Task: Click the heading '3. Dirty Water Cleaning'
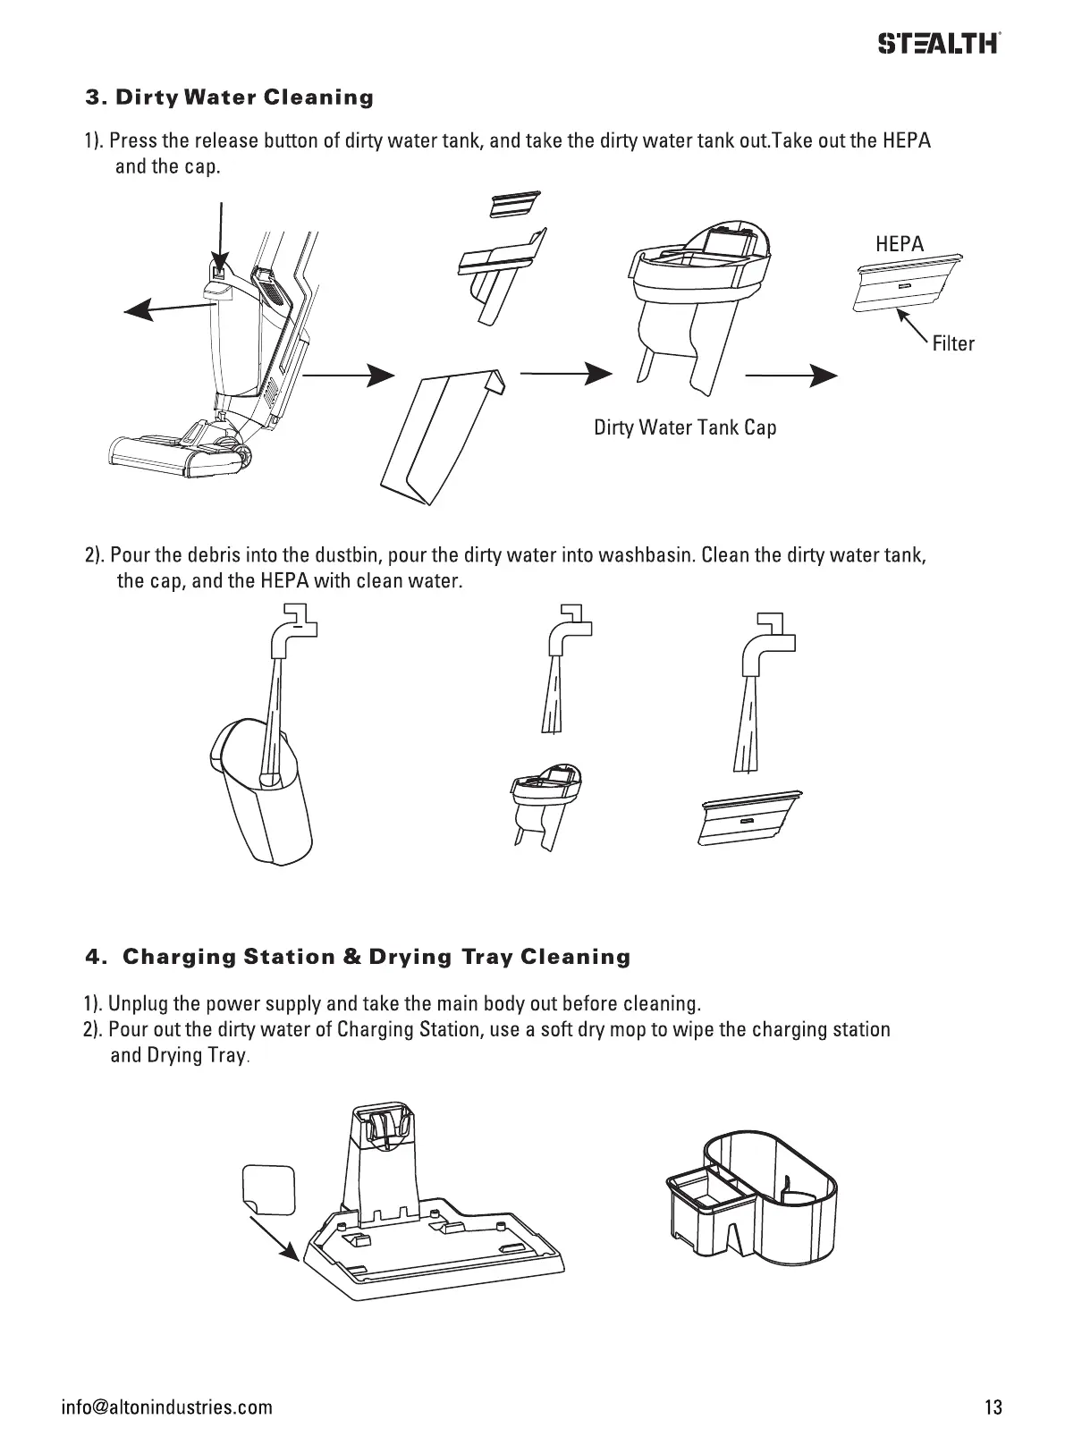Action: [229, 97]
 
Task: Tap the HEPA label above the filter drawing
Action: [899, 244]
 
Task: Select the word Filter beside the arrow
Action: [952, 343]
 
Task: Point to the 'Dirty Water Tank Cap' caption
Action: [685, 427]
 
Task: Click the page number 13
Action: [993, 1407]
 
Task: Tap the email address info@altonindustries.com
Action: [166, 1407]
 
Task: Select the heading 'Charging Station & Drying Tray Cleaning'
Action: [376, 958]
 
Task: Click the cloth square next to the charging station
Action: [269, 1189]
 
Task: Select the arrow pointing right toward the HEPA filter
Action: [790, 376]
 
